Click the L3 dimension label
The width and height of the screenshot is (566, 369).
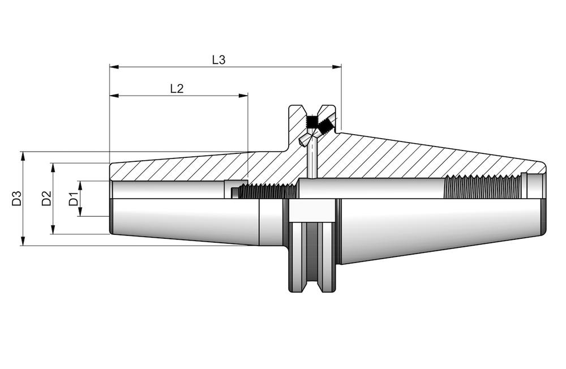click(219, 60)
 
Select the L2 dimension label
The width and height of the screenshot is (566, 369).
click(177, 88)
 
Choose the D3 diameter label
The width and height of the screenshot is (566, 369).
click(16, 199)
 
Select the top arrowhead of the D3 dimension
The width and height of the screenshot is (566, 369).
click(23, 156)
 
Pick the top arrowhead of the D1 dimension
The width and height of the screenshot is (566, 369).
click(80, 185)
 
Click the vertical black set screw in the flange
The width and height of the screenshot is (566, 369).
click(311, 122)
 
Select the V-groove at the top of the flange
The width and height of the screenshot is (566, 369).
click(311, 110)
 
